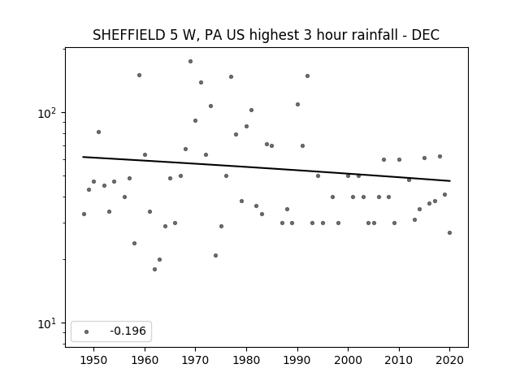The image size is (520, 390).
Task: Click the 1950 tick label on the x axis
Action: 93,360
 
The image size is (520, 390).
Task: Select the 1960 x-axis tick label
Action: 145,360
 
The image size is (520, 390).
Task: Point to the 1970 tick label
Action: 195,360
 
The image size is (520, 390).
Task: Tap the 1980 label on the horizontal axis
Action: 246,360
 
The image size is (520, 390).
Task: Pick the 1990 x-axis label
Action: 297,360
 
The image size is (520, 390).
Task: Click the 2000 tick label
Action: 349,360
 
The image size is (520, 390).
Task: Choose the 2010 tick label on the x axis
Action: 399,360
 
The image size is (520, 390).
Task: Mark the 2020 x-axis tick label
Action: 449,360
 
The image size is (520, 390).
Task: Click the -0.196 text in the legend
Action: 128,331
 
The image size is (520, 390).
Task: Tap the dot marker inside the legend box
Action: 87,331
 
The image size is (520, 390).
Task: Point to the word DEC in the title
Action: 426,35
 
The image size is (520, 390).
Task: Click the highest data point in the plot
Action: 190,62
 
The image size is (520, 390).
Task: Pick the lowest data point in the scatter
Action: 154,269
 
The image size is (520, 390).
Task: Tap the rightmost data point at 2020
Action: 449,233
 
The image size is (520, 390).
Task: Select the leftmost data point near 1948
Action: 84,214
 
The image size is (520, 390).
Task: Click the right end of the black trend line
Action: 450,180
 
